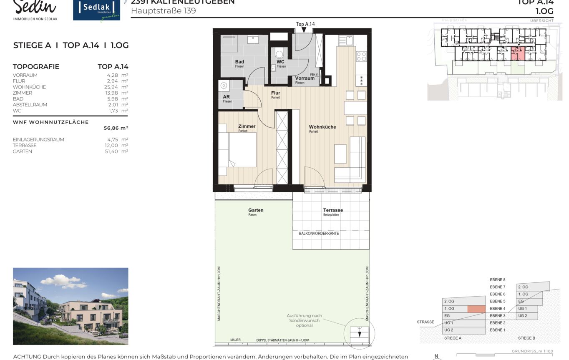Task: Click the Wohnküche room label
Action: point(322,127)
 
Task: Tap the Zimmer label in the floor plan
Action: point(247,126)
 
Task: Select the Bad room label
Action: point(239,62)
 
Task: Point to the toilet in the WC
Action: point(279,53)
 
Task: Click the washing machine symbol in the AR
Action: point(224,86)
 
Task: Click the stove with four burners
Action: point(361,57)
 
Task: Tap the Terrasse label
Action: point(333,210)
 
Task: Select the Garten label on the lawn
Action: point(256,210)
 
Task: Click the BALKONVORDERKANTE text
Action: point(319,234)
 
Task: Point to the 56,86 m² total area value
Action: point(116,128)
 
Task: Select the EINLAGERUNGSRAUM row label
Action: point(38,140)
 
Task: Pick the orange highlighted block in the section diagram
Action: point(476,309)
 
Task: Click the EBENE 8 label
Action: point(497,280)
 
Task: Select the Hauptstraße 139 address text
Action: point(163,11)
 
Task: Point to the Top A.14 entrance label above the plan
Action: point(305,24)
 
